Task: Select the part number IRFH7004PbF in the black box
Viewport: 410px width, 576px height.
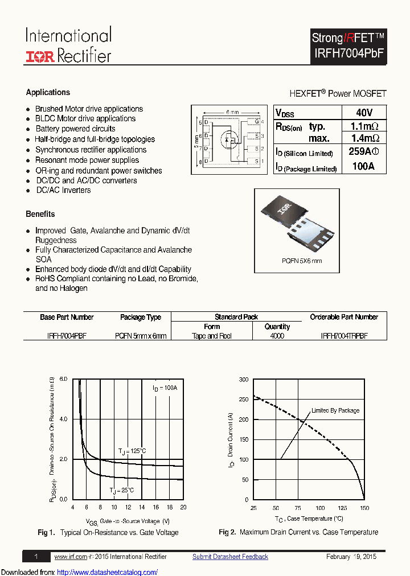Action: (348, 53)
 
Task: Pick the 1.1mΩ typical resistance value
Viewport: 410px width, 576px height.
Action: (363, 126)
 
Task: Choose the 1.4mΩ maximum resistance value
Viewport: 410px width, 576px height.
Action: (363, 138)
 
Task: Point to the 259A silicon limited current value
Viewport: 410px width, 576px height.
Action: (363, 152)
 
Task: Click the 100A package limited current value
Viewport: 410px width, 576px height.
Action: (363, 166)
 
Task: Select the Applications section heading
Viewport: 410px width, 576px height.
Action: (48, 92)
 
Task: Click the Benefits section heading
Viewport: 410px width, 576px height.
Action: (40, 214)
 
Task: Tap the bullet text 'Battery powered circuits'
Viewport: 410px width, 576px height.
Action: (75, 129)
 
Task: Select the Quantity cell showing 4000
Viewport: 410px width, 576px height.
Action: (277, 336)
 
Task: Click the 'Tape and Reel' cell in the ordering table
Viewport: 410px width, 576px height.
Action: (212, 336)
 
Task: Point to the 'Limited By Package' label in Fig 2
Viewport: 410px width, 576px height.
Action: (335, 410)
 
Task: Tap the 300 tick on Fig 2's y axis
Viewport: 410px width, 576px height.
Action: (244, 380)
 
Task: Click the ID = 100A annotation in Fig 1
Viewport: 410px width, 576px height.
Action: (165, 388)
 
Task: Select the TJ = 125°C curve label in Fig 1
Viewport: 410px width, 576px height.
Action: (132, 451)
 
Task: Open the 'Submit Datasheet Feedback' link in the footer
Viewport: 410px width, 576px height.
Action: (230, 557)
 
